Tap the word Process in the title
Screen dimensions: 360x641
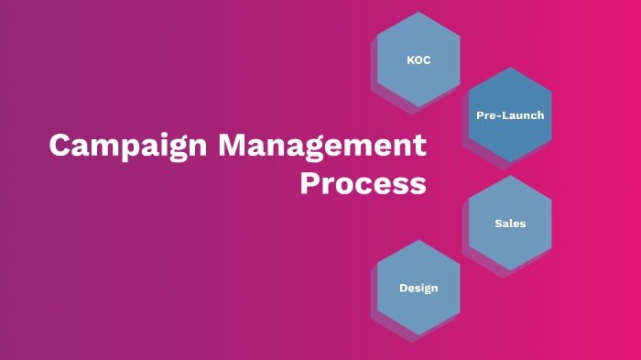click(363, 183)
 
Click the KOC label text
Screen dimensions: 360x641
click(418, 60)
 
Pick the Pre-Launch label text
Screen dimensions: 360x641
click(510, 115)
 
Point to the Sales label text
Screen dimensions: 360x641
click(510, 224)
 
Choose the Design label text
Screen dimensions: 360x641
click(418, 288)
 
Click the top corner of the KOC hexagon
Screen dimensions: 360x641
click(418, 12)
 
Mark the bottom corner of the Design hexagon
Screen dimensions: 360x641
click(418, 335)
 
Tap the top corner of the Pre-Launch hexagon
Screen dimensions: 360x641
click(510, 67)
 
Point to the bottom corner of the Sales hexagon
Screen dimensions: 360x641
click(510, 271)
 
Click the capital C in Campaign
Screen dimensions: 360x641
click(60, 147)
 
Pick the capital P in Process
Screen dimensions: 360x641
click(311, 183)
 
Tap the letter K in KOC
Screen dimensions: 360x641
click(410, 60)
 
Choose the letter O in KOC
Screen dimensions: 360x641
click(418, 60)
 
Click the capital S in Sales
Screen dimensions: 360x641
click(497, 224)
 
